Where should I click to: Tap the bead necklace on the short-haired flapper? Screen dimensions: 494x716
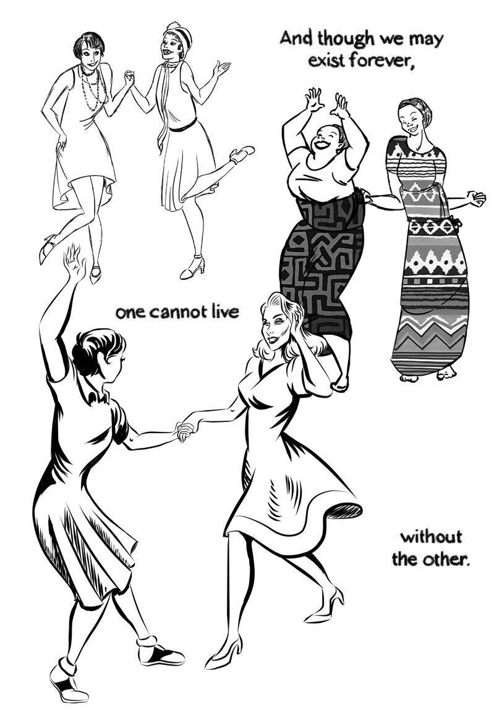pyautogui.click(x=93, y=88)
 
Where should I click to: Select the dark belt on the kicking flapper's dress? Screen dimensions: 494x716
pyautogui.click(x=183, y=125)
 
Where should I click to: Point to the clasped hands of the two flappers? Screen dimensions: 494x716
pyautogui.click(x=129, y=78)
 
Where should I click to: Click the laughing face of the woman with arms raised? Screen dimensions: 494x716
pyautogui.click(x=326, y=140)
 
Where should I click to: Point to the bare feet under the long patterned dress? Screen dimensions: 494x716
pyautogui.click(x=427, y=374)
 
